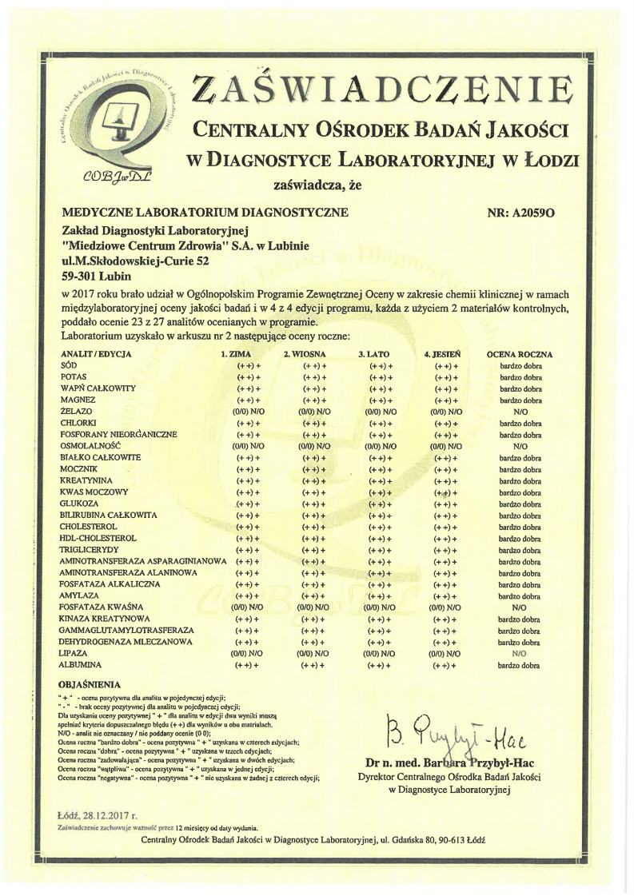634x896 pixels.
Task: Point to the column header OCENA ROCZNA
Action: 520,353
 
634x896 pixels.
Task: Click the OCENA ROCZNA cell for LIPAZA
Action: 520,654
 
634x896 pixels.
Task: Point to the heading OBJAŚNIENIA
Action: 90,685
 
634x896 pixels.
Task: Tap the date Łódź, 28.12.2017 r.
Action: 98,816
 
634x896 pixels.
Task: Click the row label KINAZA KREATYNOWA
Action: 105,619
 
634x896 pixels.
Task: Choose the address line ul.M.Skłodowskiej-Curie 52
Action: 130,261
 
